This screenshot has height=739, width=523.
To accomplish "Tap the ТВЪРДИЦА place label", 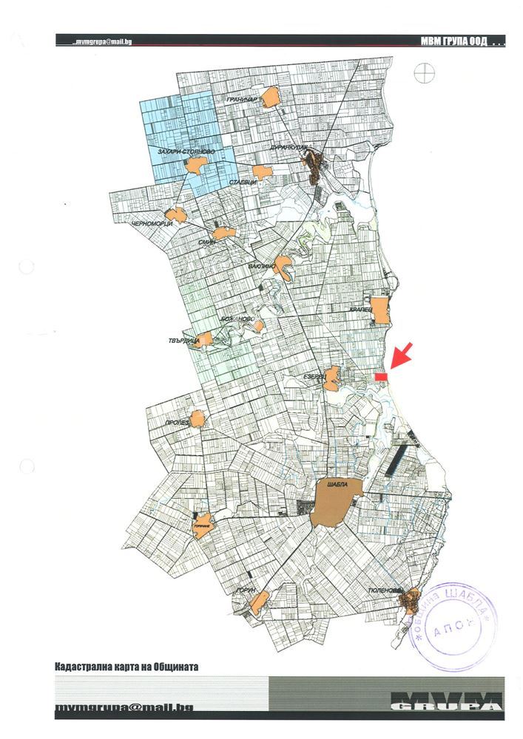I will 181,341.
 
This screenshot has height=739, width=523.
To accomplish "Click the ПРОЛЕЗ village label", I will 177,422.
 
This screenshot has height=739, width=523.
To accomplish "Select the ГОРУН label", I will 246,590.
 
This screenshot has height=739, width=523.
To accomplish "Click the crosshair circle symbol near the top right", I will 424,72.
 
